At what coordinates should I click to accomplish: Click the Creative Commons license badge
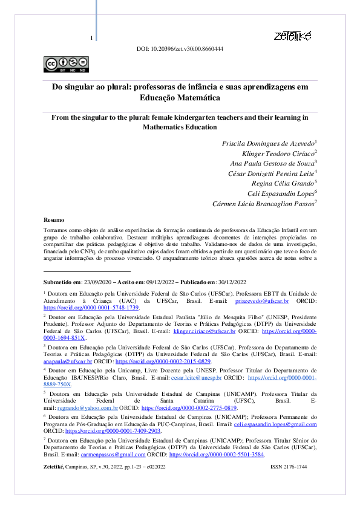click(x=64, y=63)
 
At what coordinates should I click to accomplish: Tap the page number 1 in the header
click(x=91, y=39)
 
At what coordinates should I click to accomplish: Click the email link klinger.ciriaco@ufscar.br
click(x=205, y=331)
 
